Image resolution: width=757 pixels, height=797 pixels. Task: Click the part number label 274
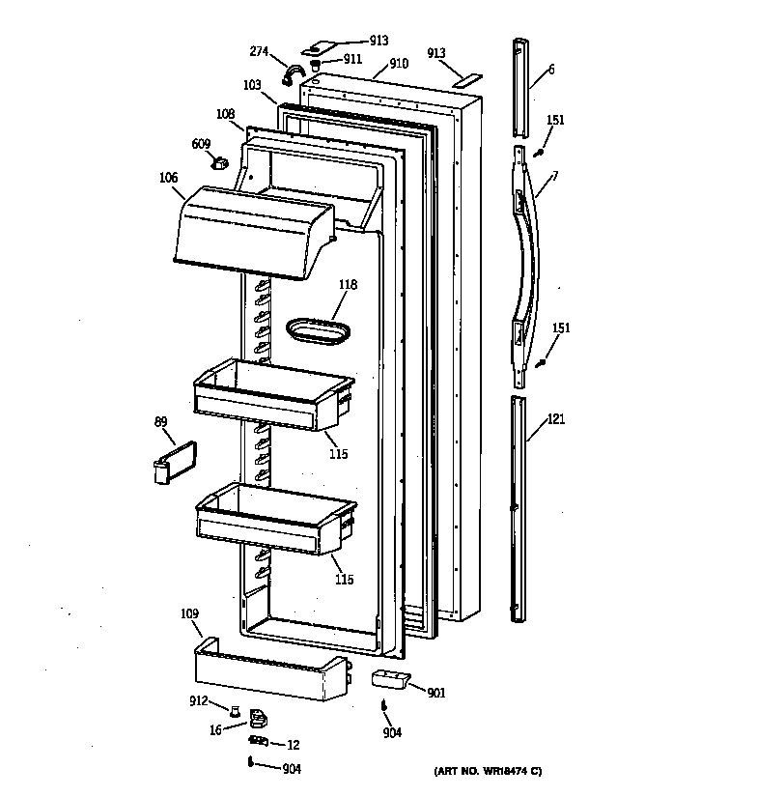click(x=259, y=51)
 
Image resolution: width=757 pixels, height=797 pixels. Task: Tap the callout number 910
click(x=399, y=64)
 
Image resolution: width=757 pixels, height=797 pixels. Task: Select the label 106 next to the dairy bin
click(x=168, y=177)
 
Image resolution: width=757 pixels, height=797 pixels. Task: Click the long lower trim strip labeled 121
click(x=522, y=507)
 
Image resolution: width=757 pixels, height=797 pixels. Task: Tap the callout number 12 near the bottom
click(x=294, y=744)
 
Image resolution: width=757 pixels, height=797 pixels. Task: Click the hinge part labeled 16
click(x=259, y=719)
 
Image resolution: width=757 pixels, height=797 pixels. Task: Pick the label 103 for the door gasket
click(x=252, y=85)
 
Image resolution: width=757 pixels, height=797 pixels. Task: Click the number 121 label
click(x=556, y=419)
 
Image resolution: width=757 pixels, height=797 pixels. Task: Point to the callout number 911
click(x=353, y=59)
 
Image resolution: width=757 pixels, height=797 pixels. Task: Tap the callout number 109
click(x=189, y=614)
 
